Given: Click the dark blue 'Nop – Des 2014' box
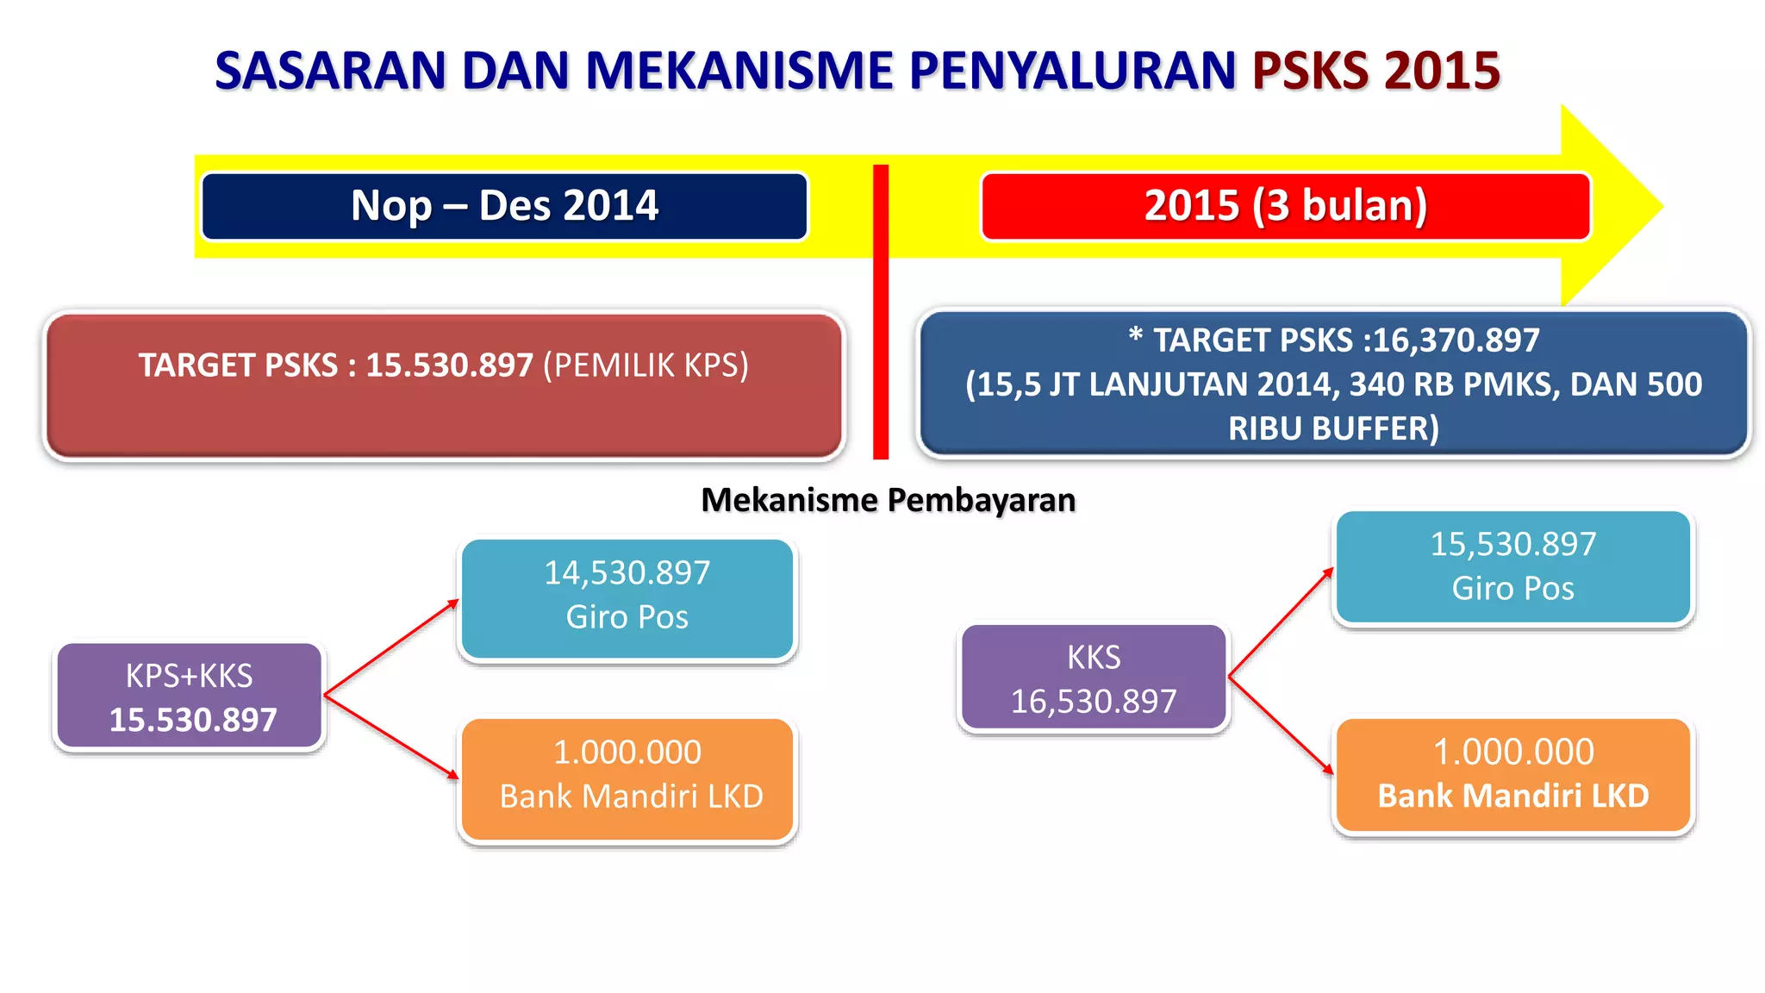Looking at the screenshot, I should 504,206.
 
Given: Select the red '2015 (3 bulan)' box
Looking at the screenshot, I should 1285,206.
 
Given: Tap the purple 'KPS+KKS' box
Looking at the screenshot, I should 190,696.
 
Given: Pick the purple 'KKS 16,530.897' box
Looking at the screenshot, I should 1094,678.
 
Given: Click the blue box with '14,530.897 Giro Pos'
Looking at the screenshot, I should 627,598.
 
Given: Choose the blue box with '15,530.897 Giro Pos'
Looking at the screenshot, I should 1513,566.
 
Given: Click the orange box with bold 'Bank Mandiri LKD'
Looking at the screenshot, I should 1513,775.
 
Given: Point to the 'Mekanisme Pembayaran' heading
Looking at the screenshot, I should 888,500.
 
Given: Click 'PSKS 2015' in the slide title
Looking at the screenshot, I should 1376,71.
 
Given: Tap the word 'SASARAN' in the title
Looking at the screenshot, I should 330,71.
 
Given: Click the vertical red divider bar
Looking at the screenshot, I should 880,310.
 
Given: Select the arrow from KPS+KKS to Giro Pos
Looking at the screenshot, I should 391,647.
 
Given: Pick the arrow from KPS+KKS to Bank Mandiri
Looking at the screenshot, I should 391,737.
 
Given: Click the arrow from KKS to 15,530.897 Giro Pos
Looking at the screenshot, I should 1281,622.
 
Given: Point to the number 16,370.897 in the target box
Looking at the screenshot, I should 1456,340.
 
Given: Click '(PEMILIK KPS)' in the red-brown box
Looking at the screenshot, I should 646,365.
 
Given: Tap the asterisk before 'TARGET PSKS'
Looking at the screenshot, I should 1136,335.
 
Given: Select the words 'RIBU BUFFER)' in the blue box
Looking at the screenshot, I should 1333,428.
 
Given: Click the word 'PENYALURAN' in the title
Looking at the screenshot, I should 1073,71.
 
